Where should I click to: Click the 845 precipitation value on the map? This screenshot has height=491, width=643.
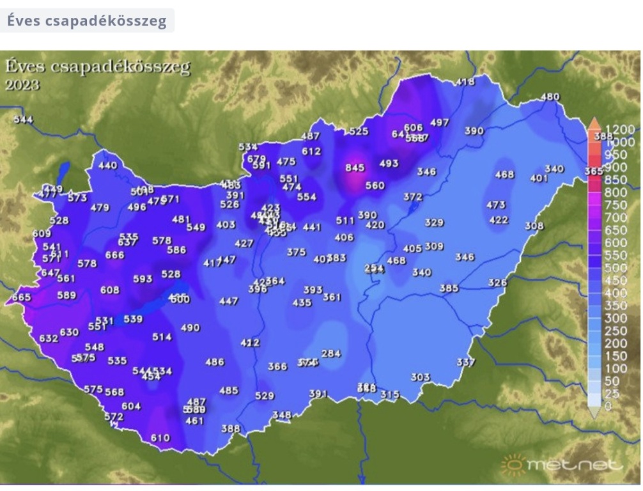[x=355, y=168]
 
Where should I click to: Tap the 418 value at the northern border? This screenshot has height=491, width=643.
[x=466, y=82]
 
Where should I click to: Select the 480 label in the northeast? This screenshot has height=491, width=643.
[x=550, y=97]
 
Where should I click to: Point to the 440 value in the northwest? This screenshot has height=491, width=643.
[x=108, y=166]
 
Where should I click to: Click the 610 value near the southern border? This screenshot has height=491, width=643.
[x=160, y=438]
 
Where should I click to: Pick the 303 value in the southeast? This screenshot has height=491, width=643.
[x=420, y=377]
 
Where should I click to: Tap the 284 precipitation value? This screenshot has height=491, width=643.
[x=331, y=354]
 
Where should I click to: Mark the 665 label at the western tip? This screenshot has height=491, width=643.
[x=21, y=297]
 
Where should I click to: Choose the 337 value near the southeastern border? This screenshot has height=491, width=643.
[x=466, y=362]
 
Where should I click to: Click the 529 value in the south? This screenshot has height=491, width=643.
[x=265, y=396]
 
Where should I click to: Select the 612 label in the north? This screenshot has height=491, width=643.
[x=311, y=152]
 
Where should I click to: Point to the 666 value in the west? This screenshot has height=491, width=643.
[x=115, y=255]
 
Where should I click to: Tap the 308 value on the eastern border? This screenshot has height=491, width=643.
[x=534, y=226]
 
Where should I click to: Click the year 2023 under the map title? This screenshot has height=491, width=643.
[x=22, y=85]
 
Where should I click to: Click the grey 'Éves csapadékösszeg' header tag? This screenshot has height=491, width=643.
[x=87, y=20]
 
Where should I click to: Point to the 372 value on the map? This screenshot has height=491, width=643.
[x=413, y=197]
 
